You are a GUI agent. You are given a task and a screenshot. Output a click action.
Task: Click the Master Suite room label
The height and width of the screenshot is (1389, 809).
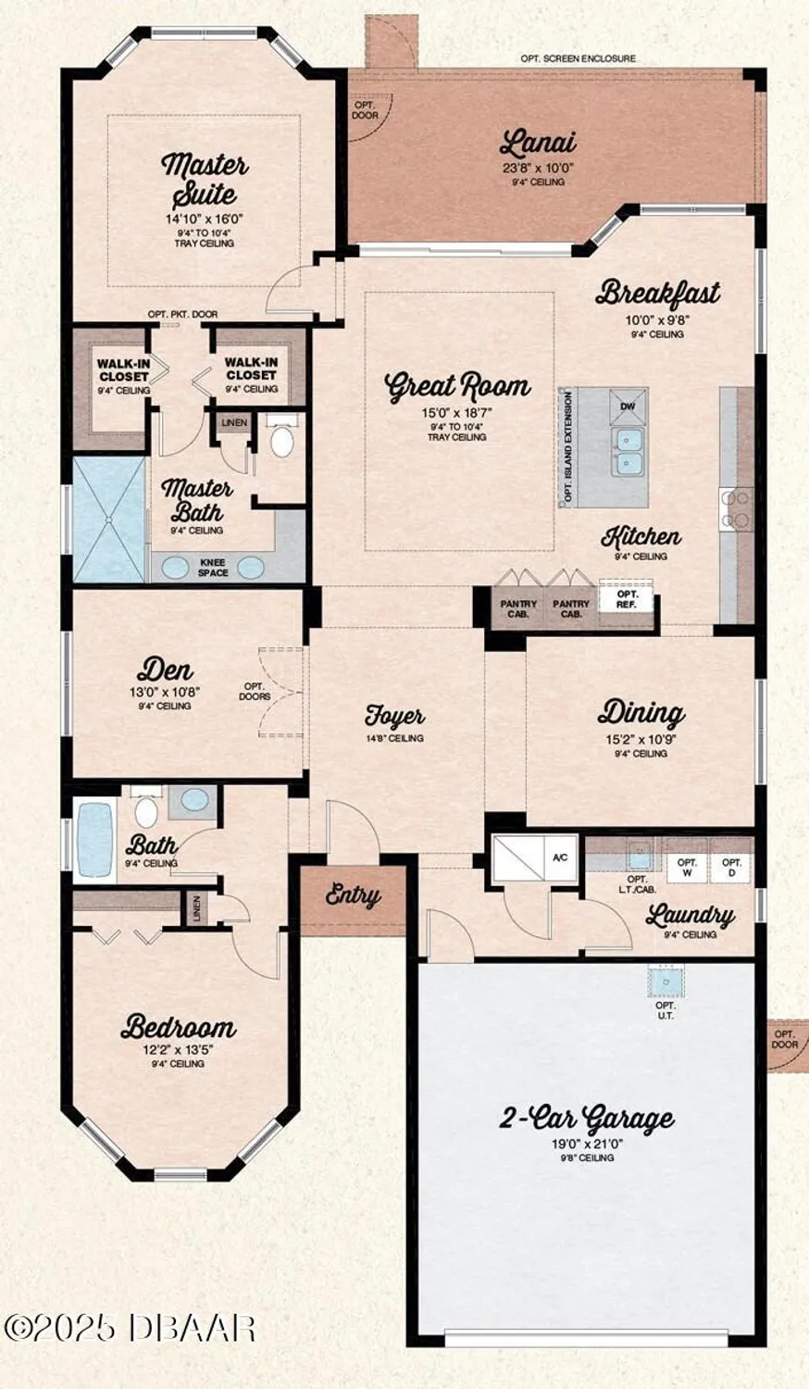click(x=205, y=180)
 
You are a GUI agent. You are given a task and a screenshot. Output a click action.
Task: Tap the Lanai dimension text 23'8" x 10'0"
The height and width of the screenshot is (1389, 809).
click(x=539, y=169)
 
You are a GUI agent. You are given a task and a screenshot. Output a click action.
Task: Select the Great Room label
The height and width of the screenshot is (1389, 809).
click(x=457, y=385)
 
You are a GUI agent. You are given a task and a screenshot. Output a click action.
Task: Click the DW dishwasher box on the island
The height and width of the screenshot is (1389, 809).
click(x=628, y=407)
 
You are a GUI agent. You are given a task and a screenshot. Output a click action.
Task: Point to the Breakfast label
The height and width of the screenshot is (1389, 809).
click(x=657, y=294)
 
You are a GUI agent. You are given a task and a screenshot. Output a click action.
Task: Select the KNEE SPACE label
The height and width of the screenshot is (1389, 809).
click(x=213, y=568)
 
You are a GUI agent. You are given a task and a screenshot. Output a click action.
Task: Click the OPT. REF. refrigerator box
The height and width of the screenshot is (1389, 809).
click(x=628, y=599)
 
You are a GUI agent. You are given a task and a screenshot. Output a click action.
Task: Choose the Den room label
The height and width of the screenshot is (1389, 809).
click(x=165, y=669)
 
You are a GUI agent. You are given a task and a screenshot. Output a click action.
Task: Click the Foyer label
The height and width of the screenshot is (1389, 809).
click(x=394, y=716)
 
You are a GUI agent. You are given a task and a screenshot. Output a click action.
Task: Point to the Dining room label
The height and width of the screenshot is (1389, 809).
click(x=641, y=712)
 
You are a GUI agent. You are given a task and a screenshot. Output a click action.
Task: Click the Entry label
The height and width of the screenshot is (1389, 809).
click(x=353, y=895)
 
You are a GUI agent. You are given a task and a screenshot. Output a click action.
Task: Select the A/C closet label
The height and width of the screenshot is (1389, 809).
click(x=560, y=857)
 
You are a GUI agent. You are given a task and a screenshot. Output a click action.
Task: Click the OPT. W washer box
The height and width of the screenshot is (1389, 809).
click(x=687, y=867)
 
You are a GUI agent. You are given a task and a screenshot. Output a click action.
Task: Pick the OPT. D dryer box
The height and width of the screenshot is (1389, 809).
click(x=731, y=867)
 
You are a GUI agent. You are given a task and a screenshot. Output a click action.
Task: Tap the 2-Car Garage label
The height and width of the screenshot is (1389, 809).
click(x=587, y=1118)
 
